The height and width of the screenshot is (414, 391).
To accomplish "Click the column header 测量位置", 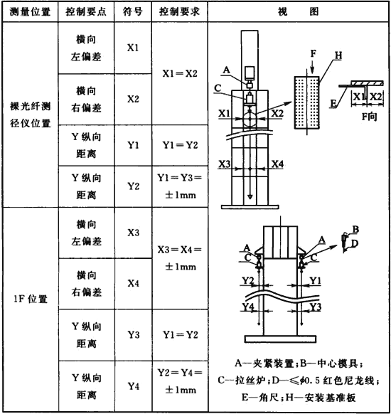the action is tap(30, 11).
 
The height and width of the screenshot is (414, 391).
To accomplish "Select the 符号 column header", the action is tap(133, 11).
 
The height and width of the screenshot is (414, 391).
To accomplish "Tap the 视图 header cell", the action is tap(299, 11).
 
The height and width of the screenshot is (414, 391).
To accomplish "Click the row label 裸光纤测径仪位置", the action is tap(30, 115).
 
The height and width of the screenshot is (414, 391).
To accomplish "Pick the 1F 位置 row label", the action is tap(31, 299).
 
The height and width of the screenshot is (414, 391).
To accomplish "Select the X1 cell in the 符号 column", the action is tap(133, 48).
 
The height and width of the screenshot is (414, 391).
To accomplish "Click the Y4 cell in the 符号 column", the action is tap(133, 386).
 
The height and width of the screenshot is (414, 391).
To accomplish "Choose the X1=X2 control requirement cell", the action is tap(180, 73).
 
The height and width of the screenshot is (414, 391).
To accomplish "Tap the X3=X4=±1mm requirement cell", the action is tap(180, 258).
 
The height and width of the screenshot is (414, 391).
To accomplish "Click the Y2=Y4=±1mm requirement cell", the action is tap(180, 381).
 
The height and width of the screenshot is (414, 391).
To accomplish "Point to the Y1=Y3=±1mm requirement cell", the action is tap(180, 186).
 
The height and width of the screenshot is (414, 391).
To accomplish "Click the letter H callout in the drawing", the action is tap(338, 55).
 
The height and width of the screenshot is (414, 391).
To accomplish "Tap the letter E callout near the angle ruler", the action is tap(333, 103).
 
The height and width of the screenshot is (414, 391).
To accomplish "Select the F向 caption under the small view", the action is tap(369, 116).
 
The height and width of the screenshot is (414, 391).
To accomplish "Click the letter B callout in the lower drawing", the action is tap(355, 229).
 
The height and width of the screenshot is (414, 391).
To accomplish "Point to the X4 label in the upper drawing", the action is tap(277, 164).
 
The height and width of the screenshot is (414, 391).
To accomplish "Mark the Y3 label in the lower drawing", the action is tap(316, 307).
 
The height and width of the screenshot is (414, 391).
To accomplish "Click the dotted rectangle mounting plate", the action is tap(307, 102).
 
